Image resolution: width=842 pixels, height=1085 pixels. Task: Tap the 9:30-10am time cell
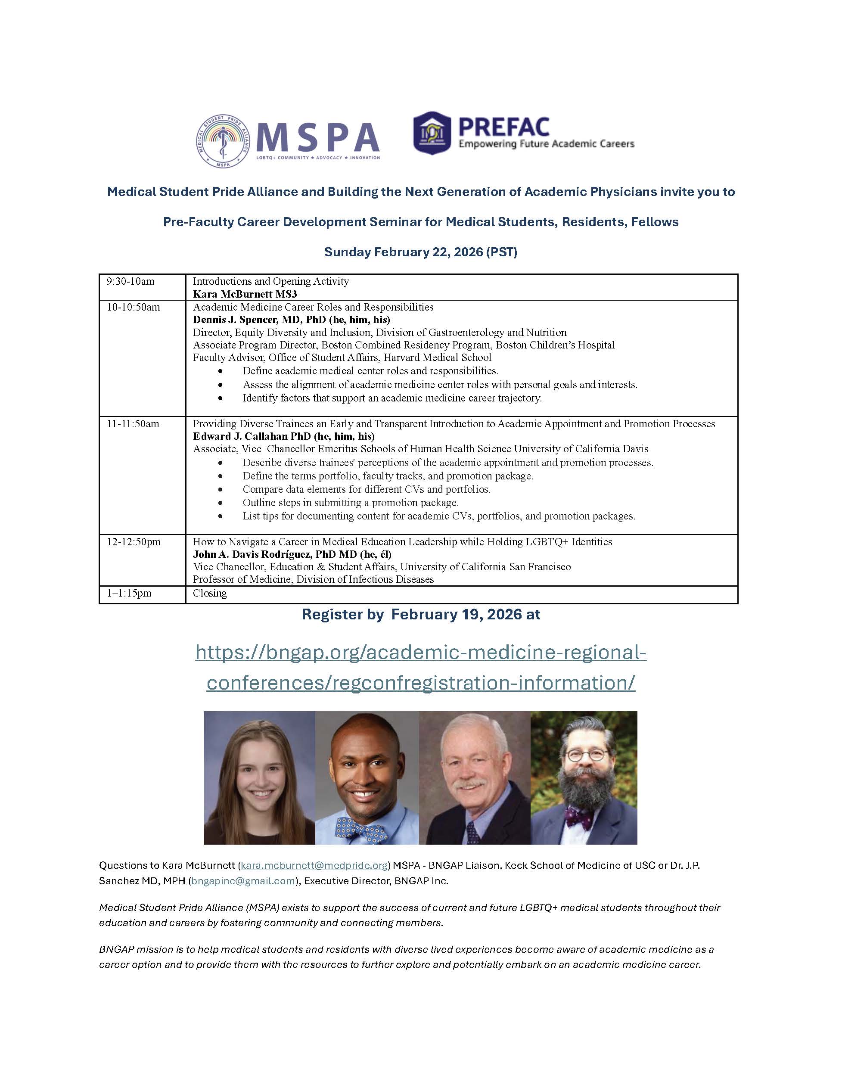130,282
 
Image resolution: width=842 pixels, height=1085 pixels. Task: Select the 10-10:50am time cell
133,308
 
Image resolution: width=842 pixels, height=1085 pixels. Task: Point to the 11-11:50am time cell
133,424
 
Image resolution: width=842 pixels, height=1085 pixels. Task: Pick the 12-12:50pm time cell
134,542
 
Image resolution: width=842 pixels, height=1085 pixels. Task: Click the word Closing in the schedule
210,593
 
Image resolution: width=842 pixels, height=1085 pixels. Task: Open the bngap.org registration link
421,667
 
